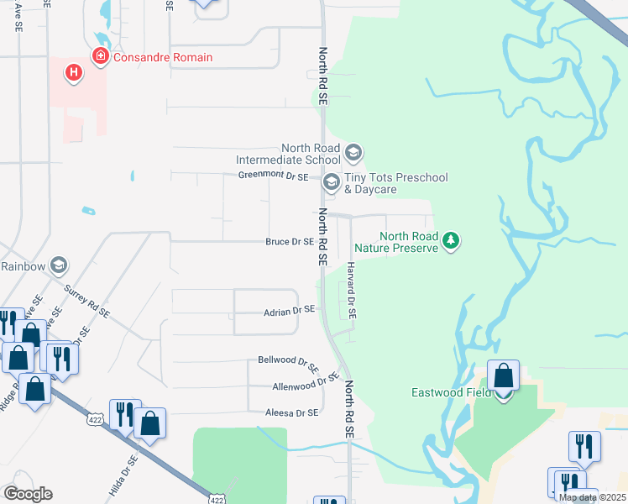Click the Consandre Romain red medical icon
pos(100,57)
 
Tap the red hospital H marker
pos(74,73)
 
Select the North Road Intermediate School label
pos(288,154)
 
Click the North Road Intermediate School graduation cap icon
pos(353,152)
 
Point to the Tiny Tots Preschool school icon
pos(331,181)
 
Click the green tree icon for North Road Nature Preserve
pos(452,242)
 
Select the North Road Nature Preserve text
pos(396,242)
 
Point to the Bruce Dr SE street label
pos(290,242)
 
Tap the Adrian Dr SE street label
pos(288,310)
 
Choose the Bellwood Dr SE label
pos(288,364)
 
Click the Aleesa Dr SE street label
pos(292,412)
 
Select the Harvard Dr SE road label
pos(351,290)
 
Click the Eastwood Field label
pos(450,392)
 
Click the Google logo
pos(28,494)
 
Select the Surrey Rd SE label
pos(87,300)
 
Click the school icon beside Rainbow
pos(58,266)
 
